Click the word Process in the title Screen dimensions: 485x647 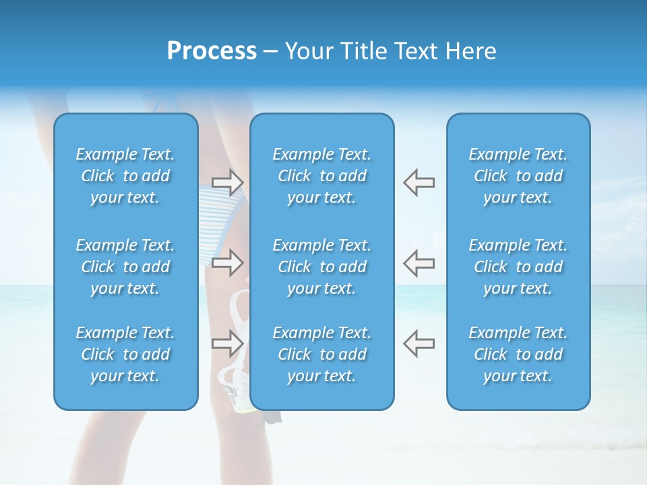tap(212, 51)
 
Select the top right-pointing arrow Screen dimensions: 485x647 tap(228, 182)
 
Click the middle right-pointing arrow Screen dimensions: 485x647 tap(228, 262)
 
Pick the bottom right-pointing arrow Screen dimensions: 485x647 tap(228, 343)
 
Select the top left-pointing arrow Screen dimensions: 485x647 tap(419, 182)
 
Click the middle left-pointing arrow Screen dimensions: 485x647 tap(419, 262)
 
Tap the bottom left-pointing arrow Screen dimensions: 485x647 tap(419, 343)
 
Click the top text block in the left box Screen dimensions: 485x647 tap(125, 176)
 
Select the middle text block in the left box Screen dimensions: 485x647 tap(125, 267)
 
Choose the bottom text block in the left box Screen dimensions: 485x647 tap(125, 354)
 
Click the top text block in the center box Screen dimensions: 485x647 tap(322, 176)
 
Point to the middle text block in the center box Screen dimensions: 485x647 tap(322, 267)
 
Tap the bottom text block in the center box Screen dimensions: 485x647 tap(322, 354)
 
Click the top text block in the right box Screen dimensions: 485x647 tap(518, 176)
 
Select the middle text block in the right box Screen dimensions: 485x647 tap(518, 267)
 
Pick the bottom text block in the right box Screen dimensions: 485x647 tap(518, 354)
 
